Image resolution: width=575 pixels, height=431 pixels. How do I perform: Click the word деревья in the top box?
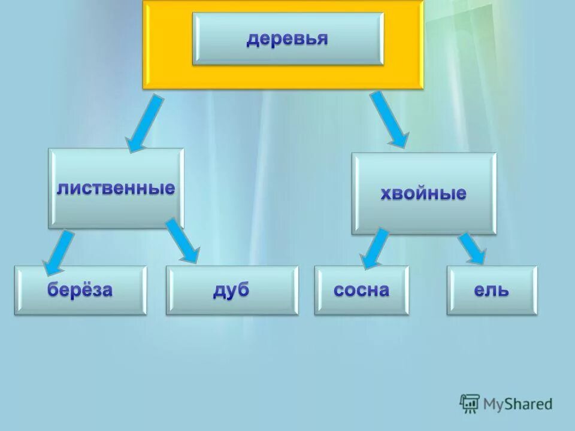point(287,39)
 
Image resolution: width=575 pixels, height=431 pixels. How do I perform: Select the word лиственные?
point(116,189)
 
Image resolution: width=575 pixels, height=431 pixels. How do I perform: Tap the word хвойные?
point(423,193)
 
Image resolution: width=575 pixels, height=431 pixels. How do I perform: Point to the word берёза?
point(80,290)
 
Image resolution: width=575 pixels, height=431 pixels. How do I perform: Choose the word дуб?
point(231,290)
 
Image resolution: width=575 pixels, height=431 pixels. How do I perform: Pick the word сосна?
point(361,290)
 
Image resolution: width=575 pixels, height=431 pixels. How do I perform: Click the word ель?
point(492,291)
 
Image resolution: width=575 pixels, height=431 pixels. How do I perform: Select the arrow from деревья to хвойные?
point(389,119)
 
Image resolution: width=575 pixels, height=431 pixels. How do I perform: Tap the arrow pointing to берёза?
point(58,252)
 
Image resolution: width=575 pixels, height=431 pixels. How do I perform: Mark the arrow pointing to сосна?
point(374,248)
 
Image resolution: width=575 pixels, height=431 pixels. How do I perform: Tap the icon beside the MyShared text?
point(470,403)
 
